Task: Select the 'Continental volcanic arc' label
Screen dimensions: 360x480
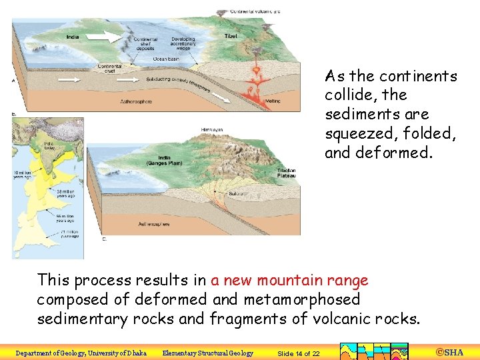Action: click(x=255, y=11)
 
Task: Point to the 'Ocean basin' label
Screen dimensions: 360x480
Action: click(x=165, y=59)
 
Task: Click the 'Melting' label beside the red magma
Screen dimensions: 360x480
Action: click(x=273, y=101)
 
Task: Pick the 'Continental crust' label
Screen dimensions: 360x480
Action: click(x=109, y=68)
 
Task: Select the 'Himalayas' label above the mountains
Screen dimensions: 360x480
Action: click(x=212, y=129)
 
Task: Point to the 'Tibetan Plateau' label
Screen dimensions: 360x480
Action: click(x=287, y=174)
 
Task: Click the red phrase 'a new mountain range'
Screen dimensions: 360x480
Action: click(x=289, y=281)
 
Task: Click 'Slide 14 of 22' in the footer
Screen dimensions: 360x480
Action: click(x=298, y=353)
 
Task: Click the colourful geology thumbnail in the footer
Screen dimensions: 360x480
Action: click(x=374, y=351)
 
